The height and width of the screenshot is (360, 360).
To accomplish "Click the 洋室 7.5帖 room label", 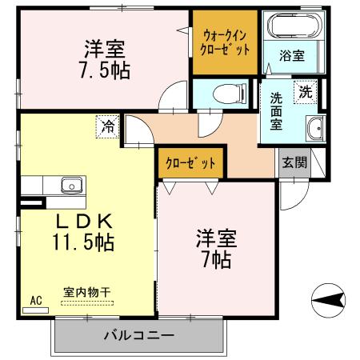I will (104, 58).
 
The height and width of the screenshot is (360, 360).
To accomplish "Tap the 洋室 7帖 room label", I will (214, 249).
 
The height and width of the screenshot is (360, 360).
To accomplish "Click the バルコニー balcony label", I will (138, 334).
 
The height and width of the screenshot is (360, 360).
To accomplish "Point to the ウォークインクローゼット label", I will (224, 42).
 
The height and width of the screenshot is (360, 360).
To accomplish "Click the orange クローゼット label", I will (190, 163).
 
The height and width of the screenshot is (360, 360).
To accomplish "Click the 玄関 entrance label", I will (294, 163).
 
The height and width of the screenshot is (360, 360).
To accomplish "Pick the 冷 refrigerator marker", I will (108, 126).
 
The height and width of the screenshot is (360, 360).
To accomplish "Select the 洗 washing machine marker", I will (305, 91).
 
